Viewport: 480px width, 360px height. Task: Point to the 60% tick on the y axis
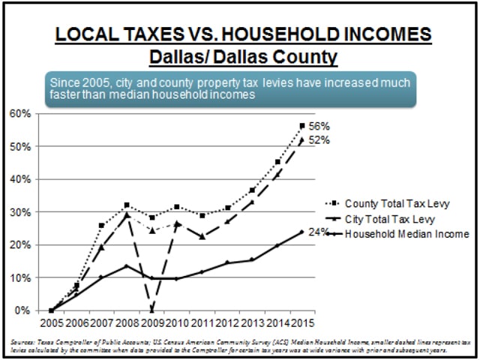(20, 114)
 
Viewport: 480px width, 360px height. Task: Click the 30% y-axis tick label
(20, 212)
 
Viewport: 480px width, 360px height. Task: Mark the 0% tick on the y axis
(22, 310)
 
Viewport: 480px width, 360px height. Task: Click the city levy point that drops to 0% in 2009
(152, 310)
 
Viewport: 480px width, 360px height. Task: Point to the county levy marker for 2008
(127, 205)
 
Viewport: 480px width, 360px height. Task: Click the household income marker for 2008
(127, 265)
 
